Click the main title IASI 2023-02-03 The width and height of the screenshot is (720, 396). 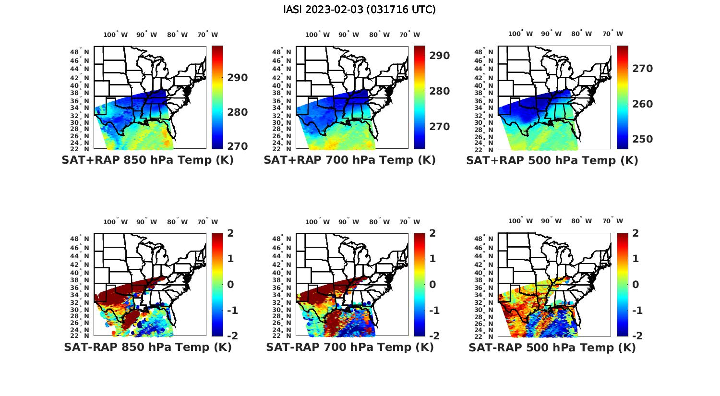click(360, 10)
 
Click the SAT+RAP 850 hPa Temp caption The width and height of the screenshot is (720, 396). click(147, 160)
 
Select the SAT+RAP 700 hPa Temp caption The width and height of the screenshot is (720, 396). click(349, 160)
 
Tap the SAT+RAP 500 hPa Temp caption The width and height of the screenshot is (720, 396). click(552, 160)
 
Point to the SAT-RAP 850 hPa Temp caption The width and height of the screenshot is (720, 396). click(147, 347)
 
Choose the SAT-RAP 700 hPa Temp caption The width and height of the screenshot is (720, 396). click(349, 347)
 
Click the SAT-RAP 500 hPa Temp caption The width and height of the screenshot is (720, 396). click(552, 348)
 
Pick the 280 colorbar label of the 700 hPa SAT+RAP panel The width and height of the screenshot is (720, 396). click(439, 91)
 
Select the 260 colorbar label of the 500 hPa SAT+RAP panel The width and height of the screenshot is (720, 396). click(642, 104)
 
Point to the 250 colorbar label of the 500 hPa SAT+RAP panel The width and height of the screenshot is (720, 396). click(642, 139)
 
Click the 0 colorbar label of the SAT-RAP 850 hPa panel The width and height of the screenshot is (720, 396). click(230, 285)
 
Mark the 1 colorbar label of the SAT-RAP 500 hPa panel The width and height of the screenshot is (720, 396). click(636, 259)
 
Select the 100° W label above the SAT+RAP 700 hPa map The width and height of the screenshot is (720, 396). click(317, 35)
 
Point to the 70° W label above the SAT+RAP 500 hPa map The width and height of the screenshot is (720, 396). click(612, 34)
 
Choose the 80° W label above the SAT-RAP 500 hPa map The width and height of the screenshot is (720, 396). click(581, 221)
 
